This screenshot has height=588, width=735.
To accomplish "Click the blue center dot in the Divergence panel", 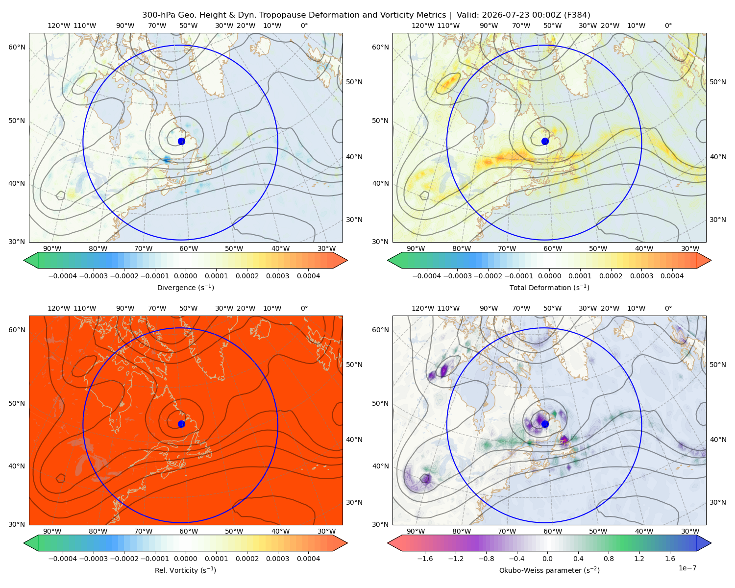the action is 181,141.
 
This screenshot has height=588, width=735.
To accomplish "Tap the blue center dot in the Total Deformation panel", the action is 545,141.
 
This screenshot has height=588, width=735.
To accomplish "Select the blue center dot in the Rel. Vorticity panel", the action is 181,424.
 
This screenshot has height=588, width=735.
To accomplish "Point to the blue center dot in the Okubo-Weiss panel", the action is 545,424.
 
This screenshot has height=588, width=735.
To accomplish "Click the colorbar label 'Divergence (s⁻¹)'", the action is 185,287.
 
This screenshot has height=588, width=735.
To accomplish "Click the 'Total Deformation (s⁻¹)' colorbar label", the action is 549,287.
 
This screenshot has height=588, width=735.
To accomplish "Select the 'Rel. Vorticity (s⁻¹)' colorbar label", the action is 185,570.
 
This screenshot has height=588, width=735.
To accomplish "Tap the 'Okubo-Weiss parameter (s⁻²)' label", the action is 549,570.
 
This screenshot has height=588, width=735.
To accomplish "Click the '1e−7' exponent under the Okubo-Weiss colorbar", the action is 687,568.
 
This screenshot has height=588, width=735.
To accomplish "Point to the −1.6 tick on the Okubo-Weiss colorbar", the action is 425,558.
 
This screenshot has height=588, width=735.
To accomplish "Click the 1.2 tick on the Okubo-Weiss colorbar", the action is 639,558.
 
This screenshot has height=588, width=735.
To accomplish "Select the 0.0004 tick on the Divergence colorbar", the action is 308,276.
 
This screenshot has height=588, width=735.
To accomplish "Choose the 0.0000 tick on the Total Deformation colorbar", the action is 549,276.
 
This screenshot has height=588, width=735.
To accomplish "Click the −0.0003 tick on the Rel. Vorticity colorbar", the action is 93,558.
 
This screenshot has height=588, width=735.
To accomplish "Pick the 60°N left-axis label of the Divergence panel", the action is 17,47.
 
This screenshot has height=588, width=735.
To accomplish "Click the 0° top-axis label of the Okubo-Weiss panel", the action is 668,308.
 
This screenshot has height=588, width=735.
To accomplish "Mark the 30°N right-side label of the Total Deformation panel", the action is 717,220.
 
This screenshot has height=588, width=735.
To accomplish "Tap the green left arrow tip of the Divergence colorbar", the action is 24,260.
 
